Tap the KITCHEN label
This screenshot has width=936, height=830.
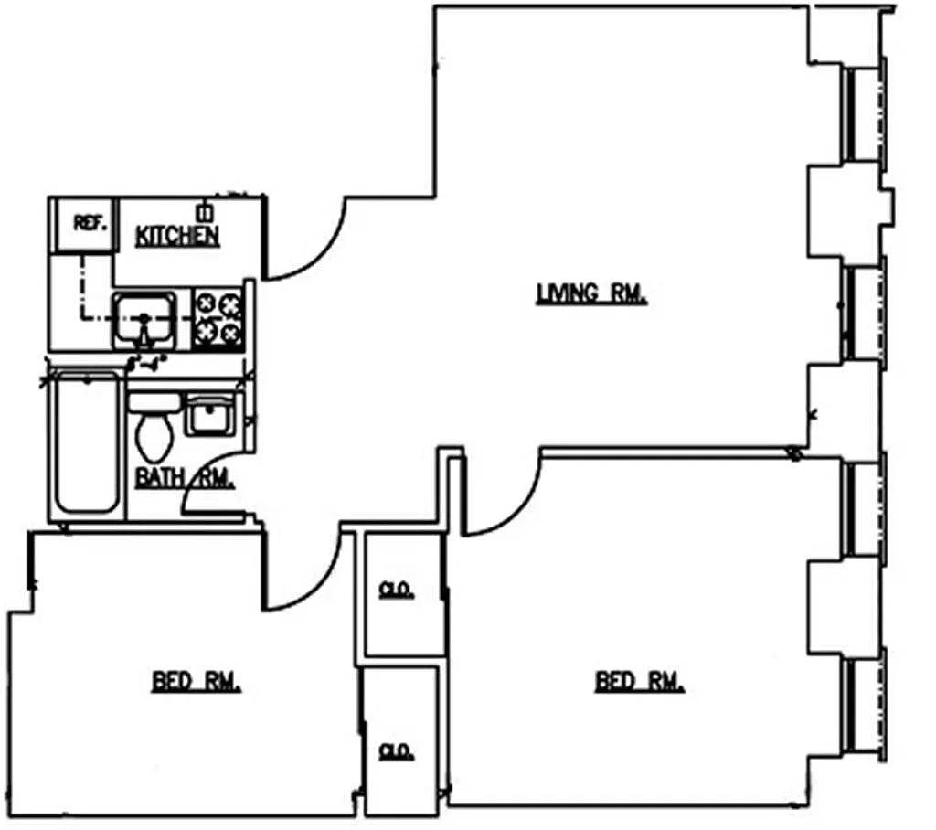pos(177,236)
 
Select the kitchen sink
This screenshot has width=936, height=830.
pos(144,319)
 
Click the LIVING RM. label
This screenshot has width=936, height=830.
pos(591,294)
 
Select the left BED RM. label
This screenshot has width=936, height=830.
pos(196,682)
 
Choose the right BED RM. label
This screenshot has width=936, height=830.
pos(640,682)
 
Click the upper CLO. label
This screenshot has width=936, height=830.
pos(397,591)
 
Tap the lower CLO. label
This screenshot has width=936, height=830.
pos(397,751)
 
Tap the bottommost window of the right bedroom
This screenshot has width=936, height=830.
pos(863,702)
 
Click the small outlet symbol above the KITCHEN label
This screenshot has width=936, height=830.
pos(205,212)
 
